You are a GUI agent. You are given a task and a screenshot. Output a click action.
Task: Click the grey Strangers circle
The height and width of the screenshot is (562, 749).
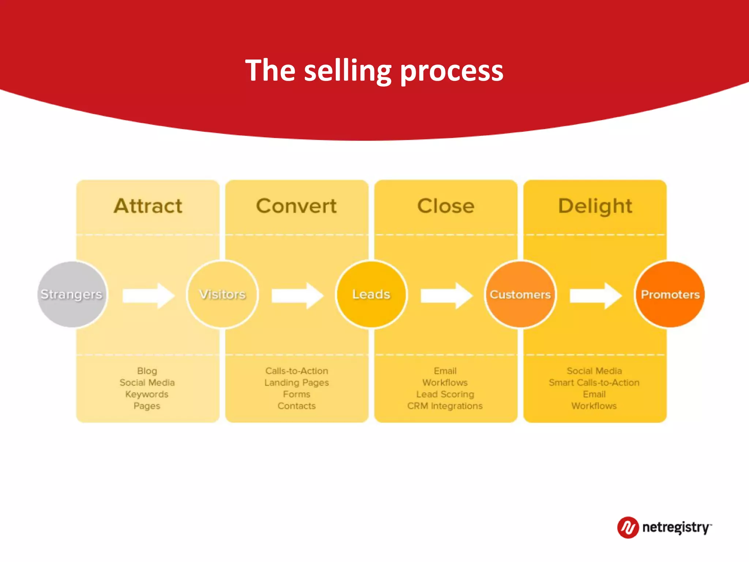[72, 294]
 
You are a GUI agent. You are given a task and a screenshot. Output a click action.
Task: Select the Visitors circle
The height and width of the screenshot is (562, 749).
[222, 294]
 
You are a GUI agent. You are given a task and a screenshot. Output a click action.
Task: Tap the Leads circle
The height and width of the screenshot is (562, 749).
[371, 294]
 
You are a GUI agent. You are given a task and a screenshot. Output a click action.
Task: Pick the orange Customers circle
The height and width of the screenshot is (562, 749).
[520, 294]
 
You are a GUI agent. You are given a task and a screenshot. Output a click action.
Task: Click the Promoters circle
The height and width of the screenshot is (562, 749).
[670, 294]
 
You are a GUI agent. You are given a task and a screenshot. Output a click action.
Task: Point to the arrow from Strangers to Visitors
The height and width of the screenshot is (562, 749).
[148, 295]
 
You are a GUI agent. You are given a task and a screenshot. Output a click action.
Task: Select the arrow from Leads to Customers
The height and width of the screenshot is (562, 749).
[446, 295]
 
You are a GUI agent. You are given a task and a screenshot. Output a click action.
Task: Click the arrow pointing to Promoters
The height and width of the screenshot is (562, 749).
[595, 295]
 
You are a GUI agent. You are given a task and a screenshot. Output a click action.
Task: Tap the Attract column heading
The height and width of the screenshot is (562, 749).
[148, 206]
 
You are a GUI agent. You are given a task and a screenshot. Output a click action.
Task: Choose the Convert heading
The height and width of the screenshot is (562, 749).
[296, 206]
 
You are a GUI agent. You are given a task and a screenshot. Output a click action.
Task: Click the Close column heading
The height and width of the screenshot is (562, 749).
[446, 206]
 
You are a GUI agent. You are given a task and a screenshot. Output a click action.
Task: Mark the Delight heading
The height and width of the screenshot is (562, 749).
[595, 206]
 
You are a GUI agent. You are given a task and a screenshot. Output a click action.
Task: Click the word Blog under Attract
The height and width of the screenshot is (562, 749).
[147, 371]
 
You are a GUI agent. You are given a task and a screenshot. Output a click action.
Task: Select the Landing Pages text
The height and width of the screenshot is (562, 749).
[297, 383]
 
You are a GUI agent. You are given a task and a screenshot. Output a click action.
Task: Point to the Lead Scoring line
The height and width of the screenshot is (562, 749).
[445, 394]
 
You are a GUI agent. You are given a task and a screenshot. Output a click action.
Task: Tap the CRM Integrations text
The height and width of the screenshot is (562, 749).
[445, 406]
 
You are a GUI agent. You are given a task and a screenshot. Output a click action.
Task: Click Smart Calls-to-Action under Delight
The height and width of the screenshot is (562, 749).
[594, 383]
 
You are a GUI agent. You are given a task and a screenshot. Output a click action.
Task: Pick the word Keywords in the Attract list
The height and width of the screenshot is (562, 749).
[147, 394]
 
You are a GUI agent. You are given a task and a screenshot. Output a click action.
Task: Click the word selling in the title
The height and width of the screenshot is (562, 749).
[348, 71]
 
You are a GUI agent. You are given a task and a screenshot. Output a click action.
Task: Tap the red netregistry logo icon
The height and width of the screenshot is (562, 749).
[628, 527]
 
